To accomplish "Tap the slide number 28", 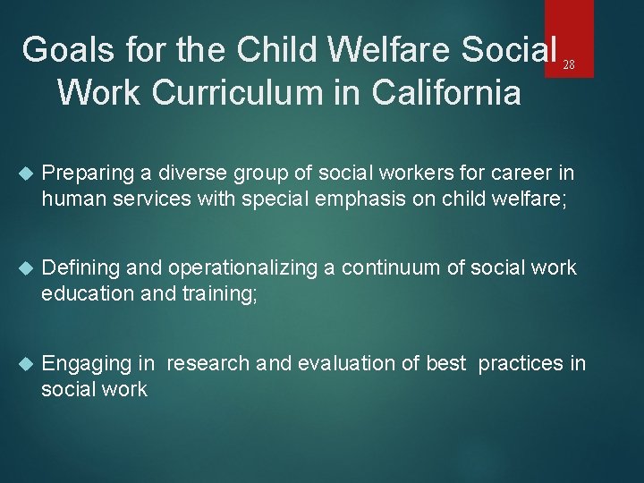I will coord(569,65).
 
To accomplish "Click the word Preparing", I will coord(83,172).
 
